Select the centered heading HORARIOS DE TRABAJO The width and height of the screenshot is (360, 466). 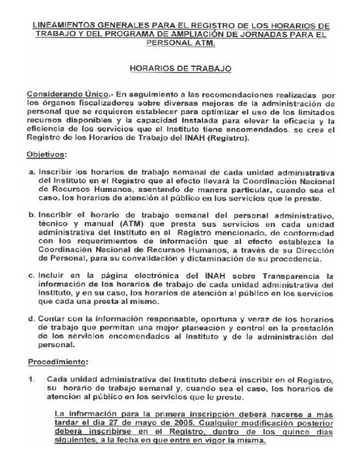click(x=180, y=69)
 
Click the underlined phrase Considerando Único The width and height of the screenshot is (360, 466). click(x=65, y=92)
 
